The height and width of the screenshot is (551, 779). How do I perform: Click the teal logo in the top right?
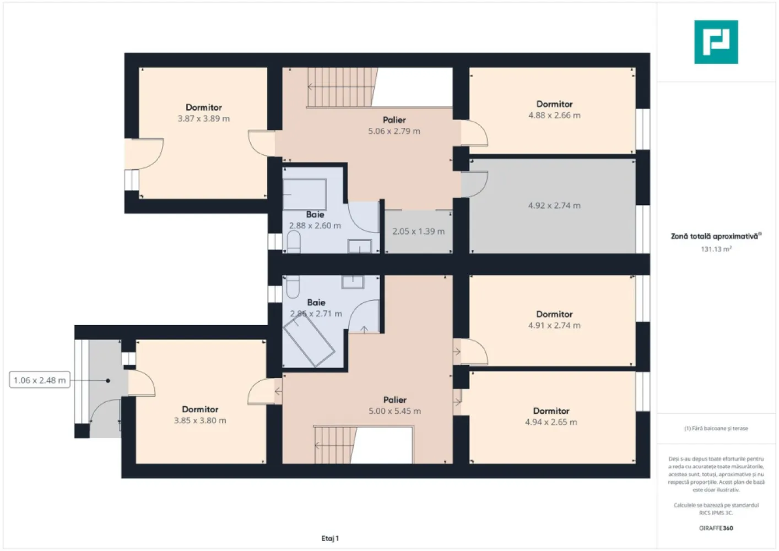[716, 42]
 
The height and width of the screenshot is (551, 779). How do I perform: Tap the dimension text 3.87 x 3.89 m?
[204, 118]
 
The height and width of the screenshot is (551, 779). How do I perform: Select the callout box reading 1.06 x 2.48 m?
[40, 380]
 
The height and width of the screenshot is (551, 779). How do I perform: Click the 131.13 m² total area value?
[716, 249]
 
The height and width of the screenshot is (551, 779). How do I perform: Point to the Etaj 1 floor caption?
[330, 538]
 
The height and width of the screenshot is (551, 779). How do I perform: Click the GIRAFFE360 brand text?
[716, 528]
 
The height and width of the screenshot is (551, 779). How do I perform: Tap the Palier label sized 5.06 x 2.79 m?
[394, 120]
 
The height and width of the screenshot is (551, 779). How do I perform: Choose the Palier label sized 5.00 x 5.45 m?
[394, 399]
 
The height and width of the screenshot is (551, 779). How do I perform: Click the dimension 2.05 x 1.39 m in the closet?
[418, 231]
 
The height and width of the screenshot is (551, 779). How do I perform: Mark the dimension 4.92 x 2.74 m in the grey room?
[554, 206]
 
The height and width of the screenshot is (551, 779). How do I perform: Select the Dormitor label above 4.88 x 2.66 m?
[554, 104]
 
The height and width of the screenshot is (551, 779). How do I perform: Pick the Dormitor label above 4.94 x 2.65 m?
[551, 411]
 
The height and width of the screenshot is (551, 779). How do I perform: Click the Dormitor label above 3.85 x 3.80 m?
[200, 409]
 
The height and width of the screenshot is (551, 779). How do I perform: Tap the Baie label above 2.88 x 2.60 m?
[315, 214]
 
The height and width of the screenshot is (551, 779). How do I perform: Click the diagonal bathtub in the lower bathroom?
[309, 342]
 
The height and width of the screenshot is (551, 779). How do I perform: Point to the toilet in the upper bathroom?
[294, 242]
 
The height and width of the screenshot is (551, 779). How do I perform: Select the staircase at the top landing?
[342, 87]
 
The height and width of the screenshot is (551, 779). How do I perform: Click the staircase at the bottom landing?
[336, 445]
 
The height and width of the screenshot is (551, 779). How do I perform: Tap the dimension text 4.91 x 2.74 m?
[554, 325]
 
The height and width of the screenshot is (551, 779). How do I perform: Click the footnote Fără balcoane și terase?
[716, 428]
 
